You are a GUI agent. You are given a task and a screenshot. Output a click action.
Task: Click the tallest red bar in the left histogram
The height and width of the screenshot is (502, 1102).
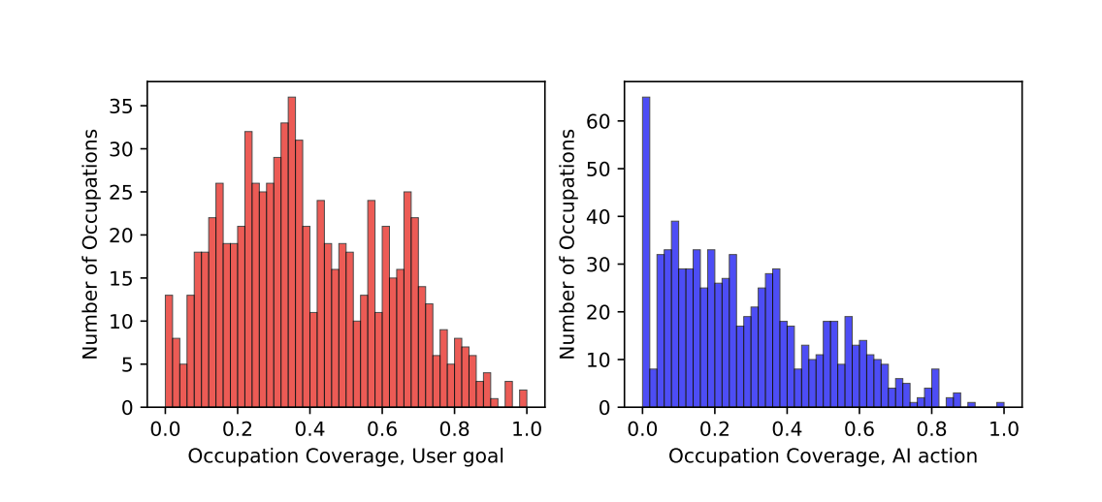point(291,252)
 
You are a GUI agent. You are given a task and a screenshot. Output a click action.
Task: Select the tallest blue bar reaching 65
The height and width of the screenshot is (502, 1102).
point(646,252)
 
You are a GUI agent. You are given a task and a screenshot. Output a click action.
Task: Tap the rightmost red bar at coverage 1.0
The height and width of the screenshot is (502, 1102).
point(523,399)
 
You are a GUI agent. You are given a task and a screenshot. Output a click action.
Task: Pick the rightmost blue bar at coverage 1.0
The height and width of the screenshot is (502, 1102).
point(1000,404)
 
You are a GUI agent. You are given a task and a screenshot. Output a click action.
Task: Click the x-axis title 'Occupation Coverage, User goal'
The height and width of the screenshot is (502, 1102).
point(345,455)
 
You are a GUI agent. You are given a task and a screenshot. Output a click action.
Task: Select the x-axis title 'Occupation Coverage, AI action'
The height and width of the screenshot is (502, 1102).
point(823,455)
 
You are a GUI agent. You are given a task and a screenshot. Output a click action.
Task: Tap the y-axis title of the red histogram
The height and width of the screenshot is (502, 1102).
point(90,244)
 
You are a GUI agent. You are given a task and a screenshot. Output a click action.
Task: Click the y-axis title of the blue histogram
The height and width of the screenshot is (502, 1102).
point(567,244)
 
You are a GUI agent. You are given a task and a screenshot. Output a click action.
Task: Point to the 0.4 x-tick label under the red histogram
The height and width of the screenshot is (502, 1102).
point(310,427)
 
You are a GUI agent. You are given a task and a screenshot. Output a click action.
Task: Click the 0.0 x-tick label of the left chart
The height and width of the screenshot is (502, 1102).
point(166,427)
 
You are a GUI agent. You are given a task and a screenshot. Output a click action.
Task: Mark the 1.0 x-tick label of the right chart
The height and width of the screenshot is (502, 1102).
point(1004,427)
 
